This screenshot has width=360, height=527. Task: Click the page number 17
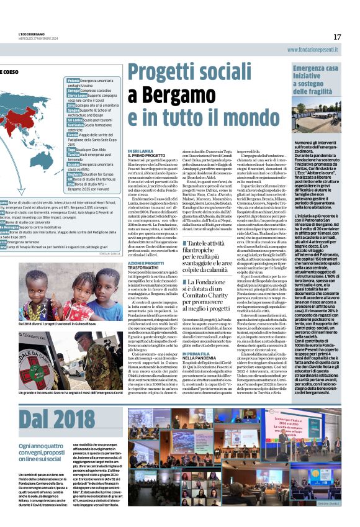click(337, 37)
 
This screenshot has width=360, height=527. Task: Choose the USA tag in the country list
click(71, 184)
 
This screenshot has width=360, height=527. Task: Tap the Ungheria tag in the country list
click(75, 175)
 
